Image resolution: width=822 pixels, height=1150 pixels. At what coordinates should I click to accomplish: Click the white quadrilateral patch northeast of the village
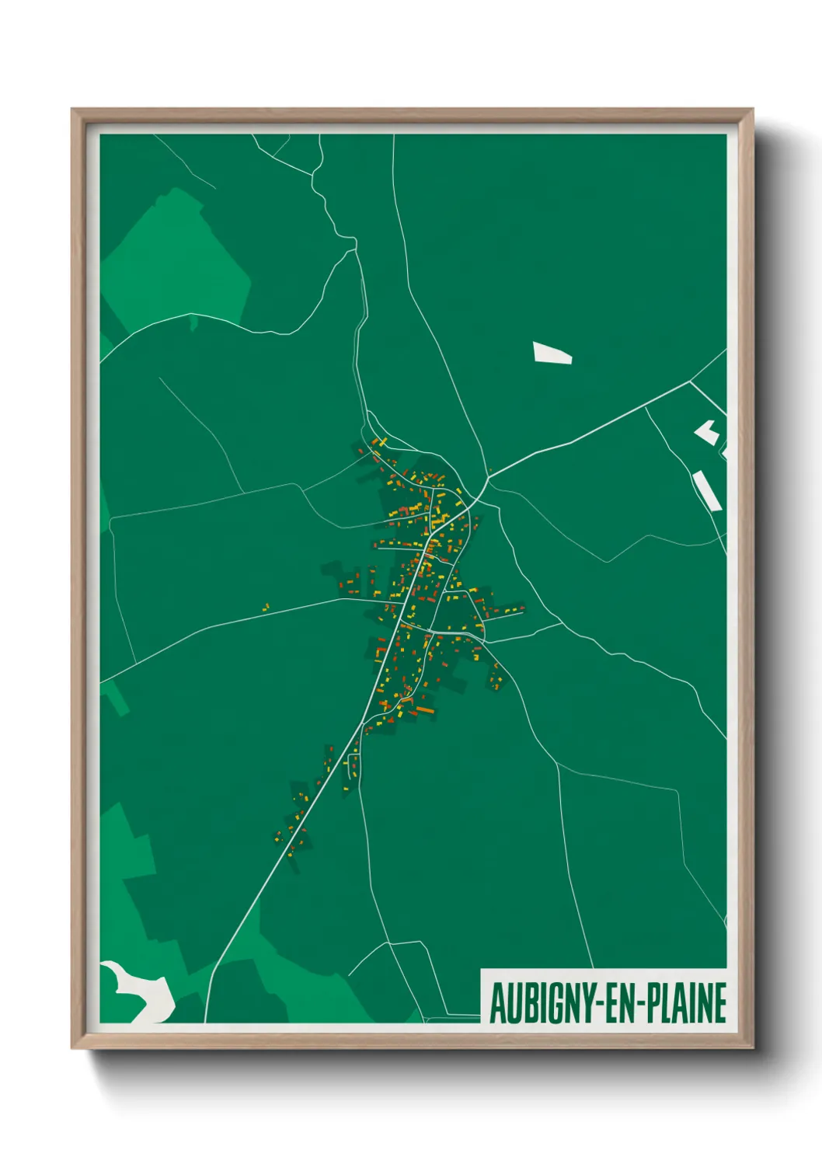[552, 354]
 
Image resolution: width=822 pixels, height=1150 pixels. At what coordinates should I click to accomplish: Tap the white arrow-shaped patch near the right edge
[707, 432]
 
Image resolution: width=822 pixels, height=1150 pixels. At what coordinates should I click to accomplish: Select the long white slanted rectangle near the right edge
[707, 490]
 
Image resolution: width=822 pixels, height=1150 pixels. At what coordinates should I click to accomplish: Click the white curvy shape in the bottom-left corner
[140, 990]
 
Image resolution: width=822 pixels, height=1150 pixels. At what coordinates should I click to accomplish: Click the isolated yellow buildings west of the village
[265, 607]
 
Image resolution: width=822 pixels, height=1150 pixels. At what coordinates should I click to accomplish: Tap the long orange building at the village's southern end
[423, 709]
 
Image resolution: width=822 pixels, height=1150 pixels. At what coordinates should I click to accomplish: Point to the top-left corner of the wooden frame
[72, 110]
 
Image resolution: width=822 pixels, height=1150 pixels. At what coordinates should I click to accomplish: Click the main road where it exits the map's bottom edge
[205, 1021]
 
